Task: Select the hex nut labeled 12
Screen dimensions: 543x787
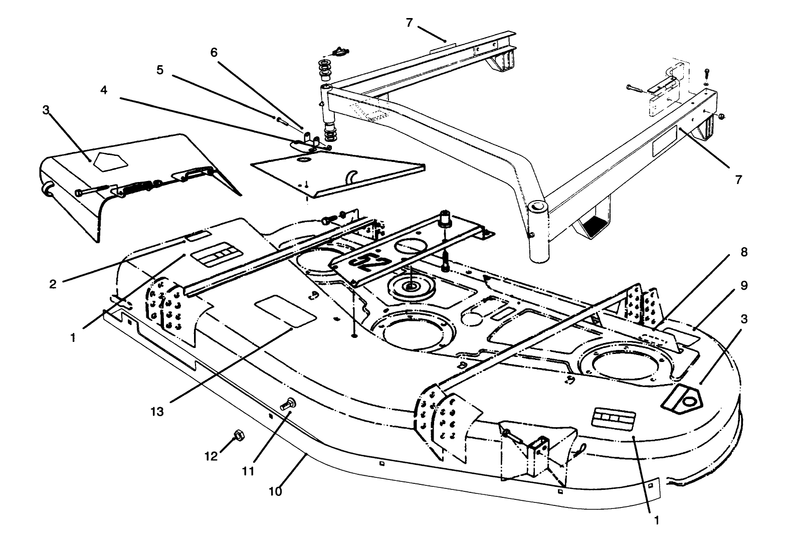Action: click(239, 436)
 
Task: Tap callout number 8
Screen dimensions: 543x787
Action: click(743, 252)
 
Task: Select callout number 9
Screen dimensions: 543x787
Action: click(743, 285)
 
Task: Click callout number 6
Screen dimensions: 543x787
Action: click(214, 52)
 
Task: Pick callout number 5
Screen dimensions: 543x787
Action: click(160, 70)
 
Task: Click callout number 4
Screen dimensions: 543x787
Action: click(104, 90)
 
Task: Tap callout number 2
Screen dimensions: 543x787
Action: click(53, 284)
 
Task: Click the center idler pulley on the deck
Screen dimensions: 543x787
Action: click(411, 287)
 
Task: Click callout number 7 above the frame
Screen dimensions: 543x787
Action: click(410, 22)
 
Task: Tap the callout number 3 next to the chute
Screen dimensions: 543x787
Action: click(46, 110)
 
